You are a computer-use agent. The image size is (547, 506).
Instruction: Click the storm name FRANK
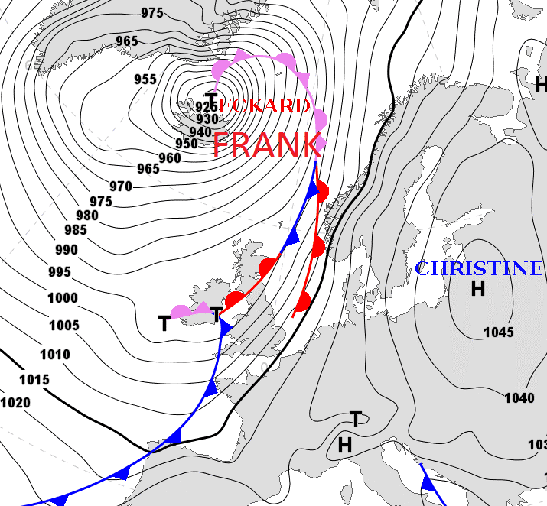tap(266, 145)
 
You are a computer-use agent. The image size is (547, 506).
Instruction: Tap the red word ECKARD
tap(264, 105)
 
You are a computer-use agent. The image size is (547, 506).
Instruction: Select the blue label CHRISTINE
tap(479, 268)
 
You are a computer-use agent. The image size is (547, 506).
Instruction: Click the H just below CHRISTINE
tap(478, 288)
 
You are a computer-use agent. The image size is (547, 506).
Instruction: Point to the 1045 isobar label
tap(499, 332)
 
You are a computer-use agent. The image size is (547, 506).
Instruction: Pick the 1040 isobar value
tap(519, 397)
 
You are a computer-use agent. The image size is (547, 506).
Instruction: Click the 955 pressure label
tap(145, 79)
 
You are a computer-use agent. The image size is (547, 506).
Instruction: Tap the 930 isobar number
tap(207, 119)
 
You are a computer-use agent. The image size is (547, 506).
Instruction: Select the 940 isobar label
tap(200, 131)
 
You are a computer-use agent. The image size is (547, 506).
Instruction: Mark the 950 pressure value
tap(187, 144)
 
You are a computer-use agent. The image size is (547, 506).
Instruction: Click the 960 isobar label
tap(170, 157)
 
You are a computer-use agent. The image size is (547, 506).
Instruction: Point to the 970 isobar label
tap(121, 186)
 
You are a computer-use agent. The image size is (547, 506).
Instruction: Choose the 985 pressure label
tap(75, 230)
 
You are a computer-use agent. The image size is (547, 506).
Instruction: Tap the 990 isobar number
tap(67, 250)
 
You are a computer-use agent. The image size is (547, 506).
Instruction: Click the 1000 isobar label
tap(63, 298)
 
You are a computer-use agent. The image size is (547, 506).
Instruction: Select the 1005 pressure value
tap(63, 326)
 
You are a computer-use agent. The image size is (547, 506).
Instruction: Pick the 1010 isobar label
tap(54, 355)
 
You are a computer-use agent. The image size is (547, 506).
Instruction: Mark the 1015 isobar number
tap(34, 380)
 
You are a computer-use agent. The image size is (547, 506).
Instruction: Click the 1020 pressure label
tap(15, 403)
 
